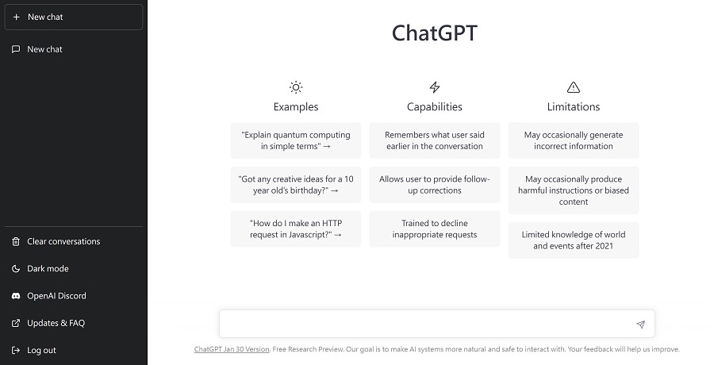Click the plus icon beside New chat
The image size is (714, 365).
click(17, 17)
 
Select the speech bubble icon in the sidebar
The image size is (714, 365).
click(16, 49)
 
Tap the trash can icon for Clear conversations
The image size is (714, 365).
click(16, 241)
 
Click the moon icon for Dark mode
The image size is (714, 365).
click(16, 269)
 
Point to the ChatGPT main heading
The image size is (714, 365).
click(435, 33)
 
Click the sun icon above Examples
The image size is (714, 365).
click(296, 87)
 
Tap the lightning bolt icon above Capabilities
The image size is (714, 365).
click(435, 87)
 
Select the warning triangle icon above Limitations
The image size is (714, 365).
click(574, 87)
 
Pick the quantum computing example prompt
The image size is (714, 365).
click(296, 140)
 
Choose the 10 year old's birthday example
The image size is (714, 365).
click(296, 185)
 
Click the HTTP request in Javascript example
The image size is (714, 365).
click(296, 229)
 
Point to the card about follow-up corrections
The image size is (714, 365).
click(435, 185)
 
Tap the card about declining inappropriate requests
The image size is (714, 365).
click(435, 229)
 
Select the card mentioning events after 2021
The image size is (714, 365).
click(574, 240)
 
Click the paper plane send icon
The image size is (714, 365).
click(641, 325)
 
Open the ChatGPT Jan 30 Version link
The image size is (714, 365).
click(232, 349)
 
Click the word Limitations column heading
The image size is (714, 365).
click(574, 106)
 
